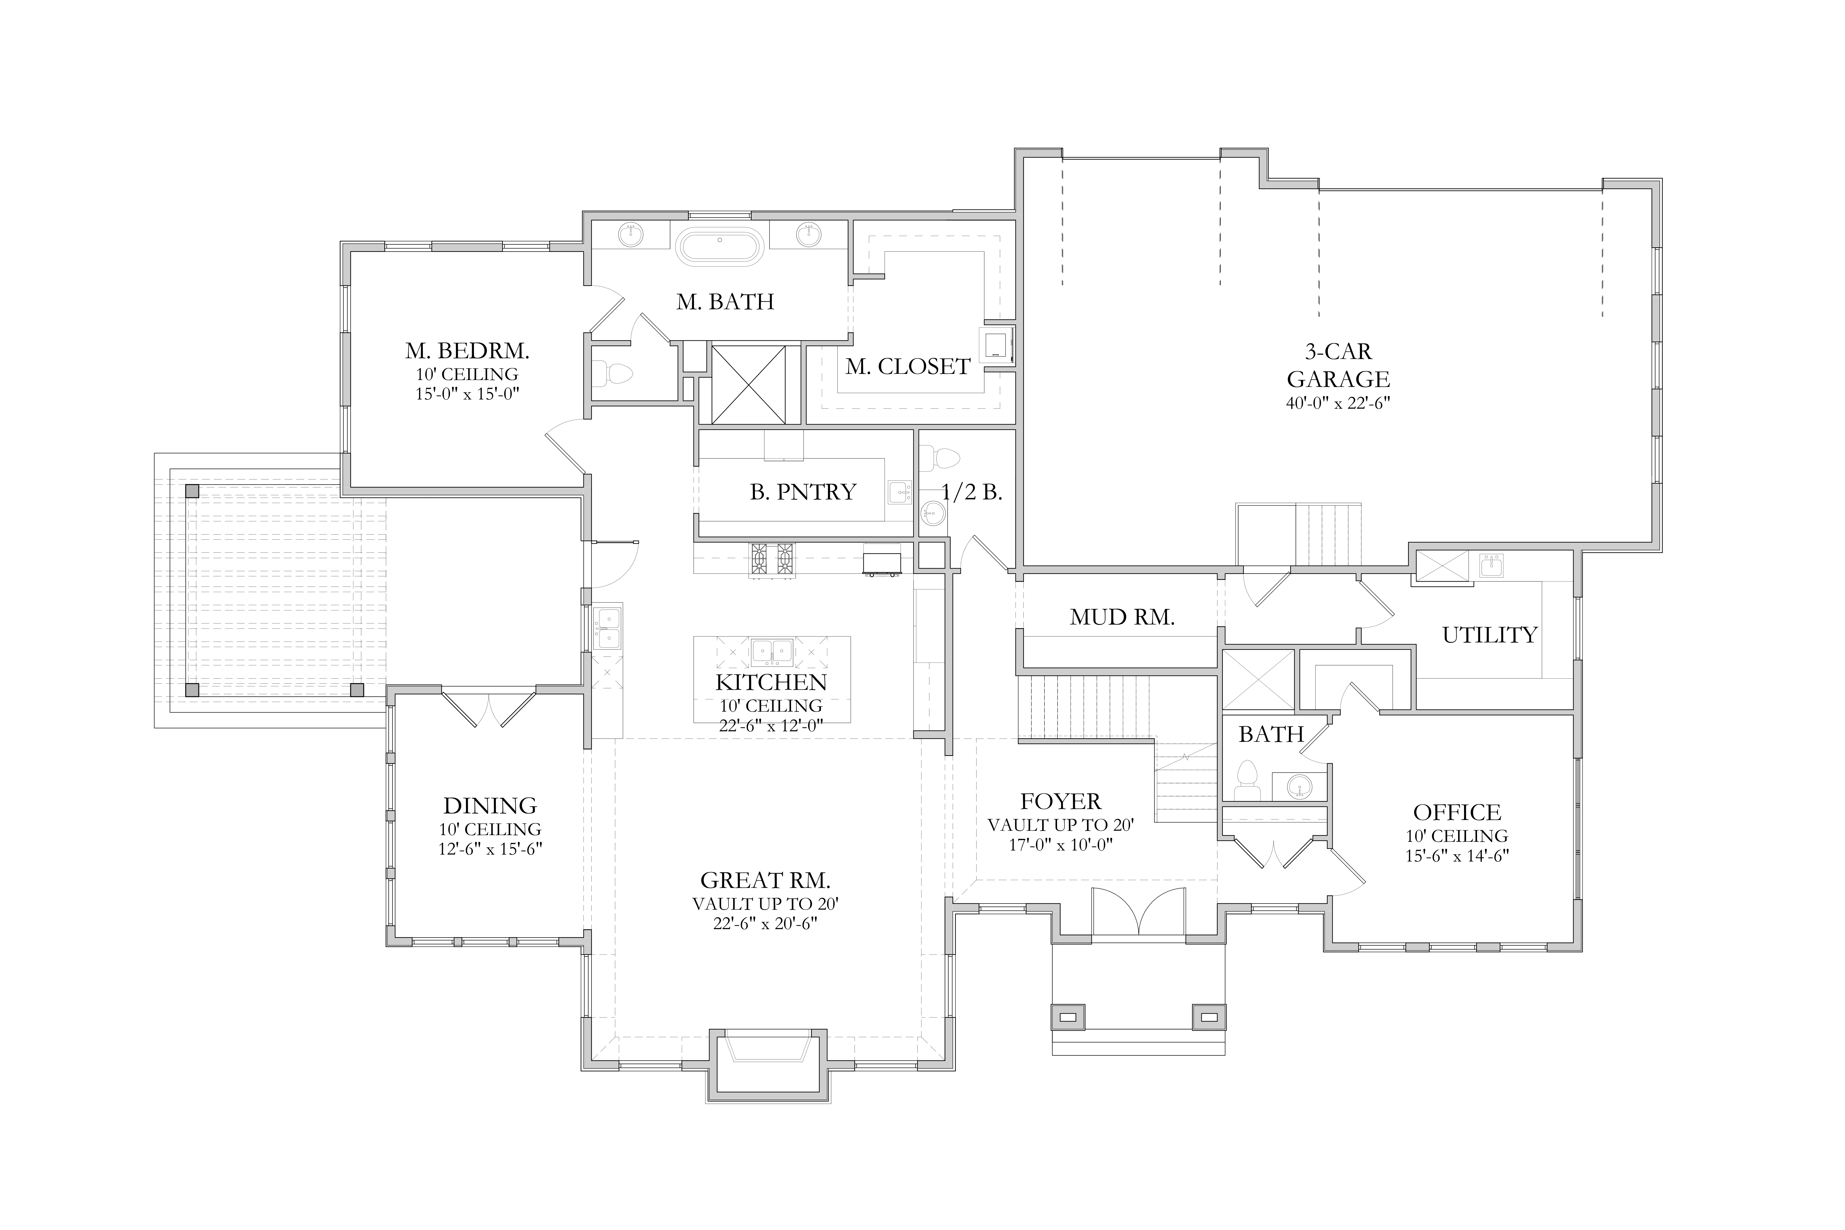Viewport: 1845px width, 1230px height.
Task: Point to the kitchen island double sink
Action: (x=772, y=652)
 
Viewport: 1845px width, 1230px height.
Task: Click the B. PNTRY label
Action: (x=803, y=492)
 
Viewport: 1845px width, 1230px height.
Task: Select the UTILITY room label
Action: (x=1490, y=635)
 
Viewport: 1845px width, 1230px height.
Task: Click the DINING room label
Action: (x=490, y=806)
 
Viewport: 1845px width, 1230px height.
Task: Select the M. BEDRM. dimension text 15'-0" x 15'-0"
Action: (x=467, y=394)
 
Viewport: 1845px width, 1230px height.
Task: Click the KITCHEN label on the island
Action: (x=771, y=682)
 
